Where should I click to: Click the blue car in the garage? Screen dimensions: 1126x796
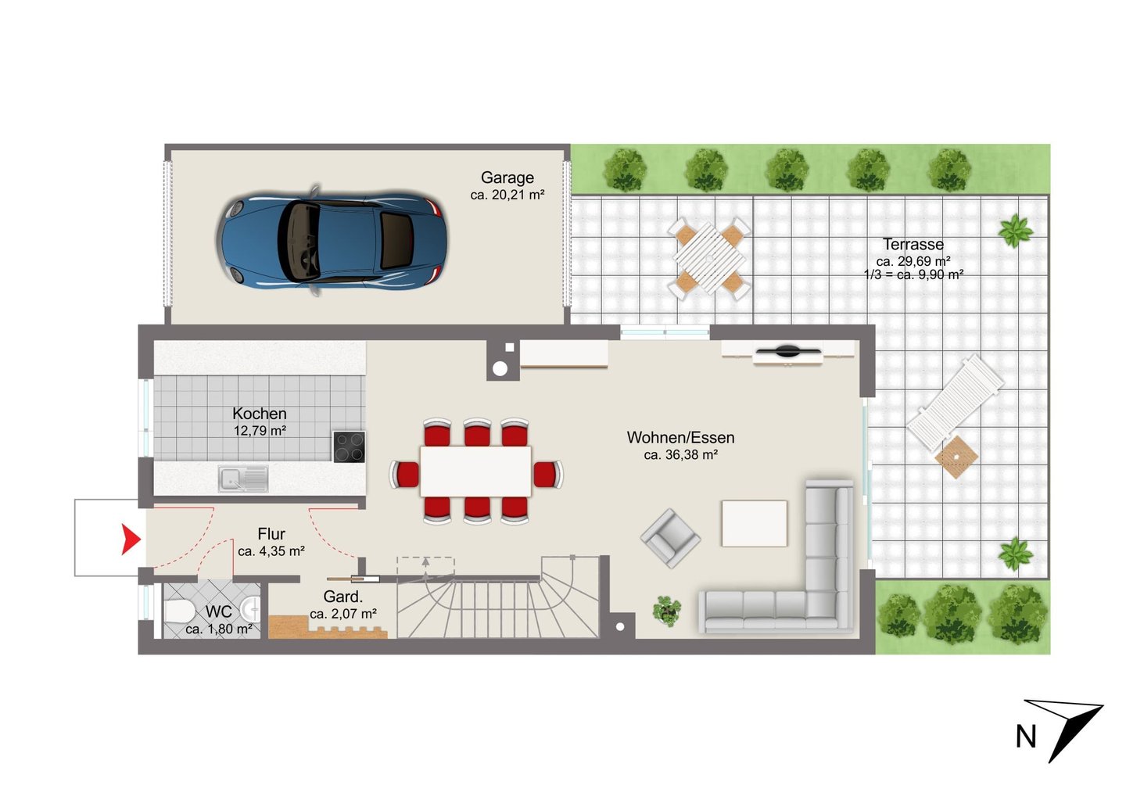(x=332, y=241)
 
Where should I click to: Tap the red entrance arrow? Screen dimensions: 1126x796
(x=131, y=540)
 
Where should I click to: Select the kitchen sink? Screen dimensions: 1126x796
(x=242, y=479)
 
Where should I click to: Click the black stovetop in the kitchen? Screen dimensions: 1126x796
(x=350, y=446)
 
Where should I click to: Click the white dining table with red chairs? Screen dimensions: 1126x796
(x=475, y=472)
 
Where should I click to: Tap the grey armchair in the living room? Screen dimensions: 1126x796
(x=670, y=538)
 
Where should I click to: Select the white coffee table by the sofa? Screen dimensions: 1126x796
(x=754, y=523)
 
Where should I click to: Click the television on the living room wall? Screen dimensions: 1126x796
(x=787, y=353)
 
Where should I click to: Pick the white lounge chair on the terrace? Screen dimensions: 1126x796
(x=955, y=403)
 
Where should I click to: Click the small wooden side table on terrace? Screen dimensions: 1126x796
(x=956, y=457)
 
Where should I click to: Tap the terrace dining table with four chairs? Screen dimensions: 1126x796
(x=709, y=259)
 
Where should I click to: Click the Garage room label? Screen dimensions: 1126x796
(x=507, y=177)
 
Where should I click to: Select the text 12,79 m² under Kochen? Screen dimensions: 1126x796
(x=260, y=431)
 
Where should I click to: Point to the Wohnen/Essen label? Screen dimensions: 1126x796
(x=680, y=437)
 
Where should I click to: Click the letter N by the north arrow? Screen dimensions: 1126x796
(x=1026, y=737)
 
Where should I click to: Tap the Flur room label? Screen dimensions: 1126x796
(x=271, y=534)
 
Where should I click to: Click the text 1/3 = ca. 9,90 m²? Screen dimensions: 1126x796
(x=913, y=274)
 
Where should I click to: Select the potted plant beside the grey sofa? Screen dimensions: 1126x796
(x=667, y=611)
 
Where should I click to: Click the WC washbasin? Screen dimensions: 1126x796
(x=251, y=610)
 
